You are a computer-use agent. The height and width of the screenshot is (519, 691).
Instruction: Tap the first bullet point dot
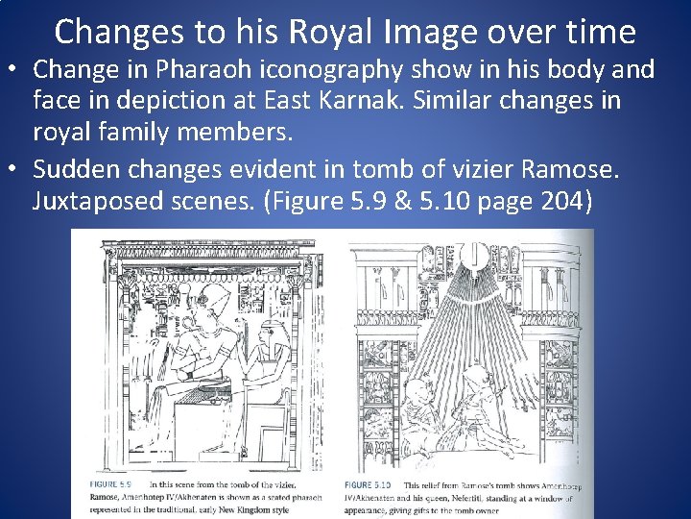pos(14,71)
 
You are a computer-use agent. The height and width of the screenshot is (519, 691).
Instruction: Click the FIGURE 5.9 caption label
pos(112,484)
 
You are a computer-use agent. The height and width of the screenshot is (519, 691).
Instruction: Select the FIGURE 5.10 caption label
pos(369,484)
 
